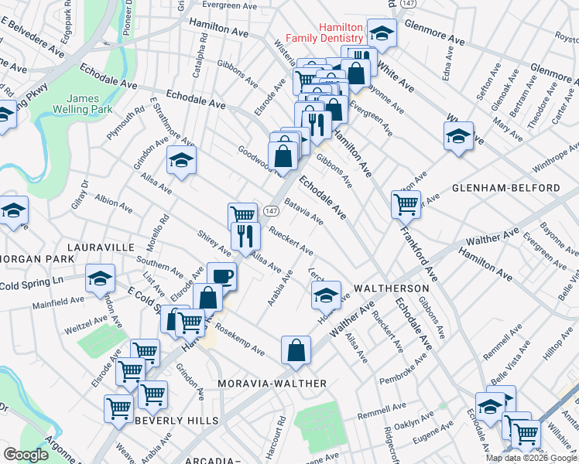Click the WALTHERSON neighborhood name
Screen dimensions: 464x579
point(391,287)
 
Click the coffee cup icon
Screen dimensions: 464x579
point(222,275)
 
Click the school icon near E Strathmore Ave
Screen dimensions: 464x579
point(182,160)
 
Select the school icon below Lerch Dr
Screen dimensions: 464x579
point(326,294)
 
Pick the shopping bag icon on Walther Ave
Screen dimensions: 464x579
point(296,350)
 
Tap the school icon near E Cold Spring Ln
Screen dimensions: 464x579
point(99,279)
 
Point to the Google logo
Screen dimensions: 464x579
point(26,455)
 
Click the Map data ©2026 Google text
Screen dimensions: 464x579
point(531,458)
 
